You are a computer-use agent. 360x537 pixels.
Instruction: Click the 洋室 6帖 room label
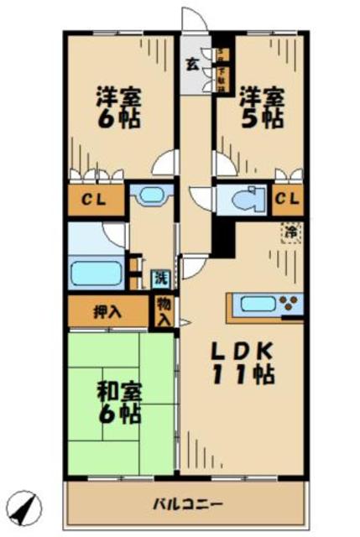click(x=119, y=106)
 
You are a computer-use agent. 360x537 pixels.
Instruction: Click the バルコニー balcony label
click(x=186, y=504)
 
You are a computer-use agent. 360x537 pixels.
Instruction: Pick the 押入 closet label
click(x=107, y=311)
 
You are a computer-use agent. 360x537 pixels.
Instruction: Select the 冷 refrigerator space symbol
click(x=290, y=231)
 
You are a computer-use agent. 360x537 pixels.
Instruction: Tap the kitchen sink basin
click(x=253, y=304)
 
